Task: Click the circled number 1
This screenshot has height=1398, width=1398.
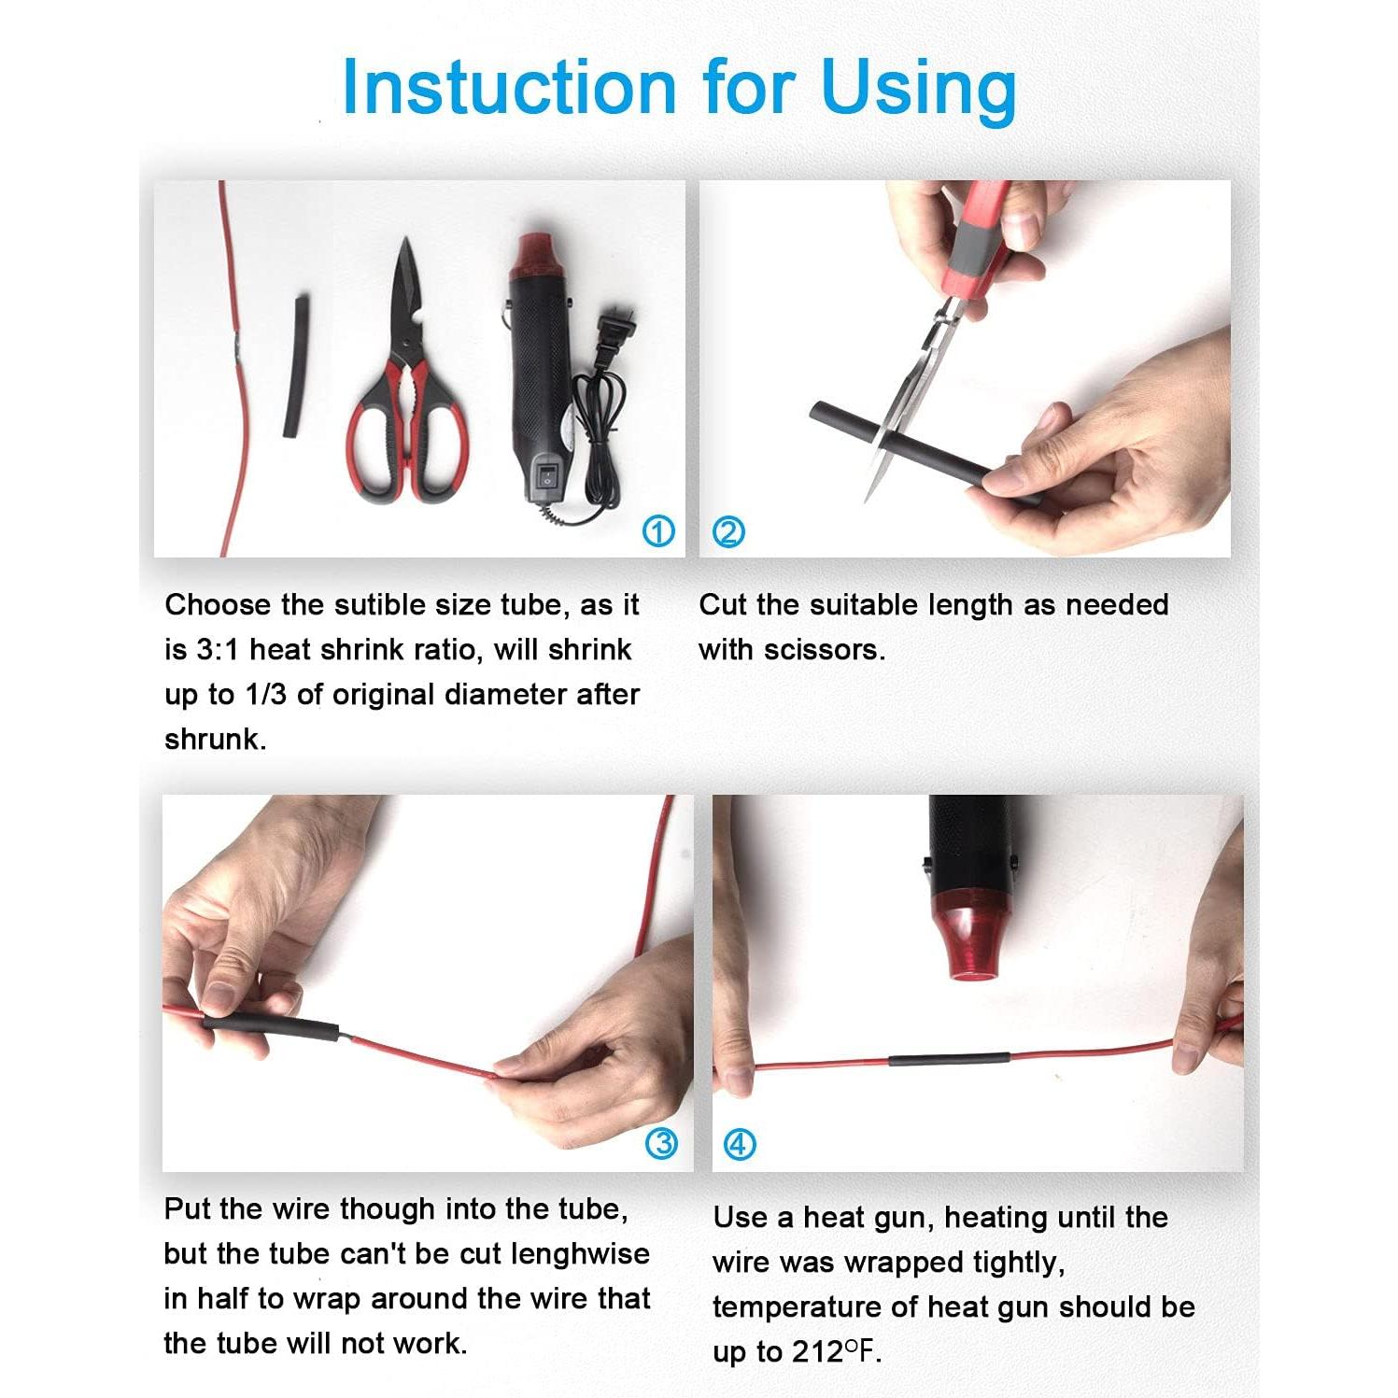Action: tap(659, 532)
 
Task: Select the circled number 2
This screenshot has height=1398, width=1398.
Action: tap(727, 532)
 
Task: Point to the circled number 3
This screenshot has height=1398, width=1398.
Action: tap(662, 1143)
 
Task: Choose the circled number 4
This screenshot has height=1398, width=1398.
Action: tap(740, 1143)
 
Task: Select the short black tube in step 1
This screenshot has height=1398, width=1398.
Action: tap(296, 367)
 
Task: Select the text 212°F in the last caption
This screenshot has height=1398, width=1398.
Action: tap(836, 1350)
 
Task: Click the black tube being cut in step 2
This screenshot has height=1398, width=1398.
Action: tap(920, 452)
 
